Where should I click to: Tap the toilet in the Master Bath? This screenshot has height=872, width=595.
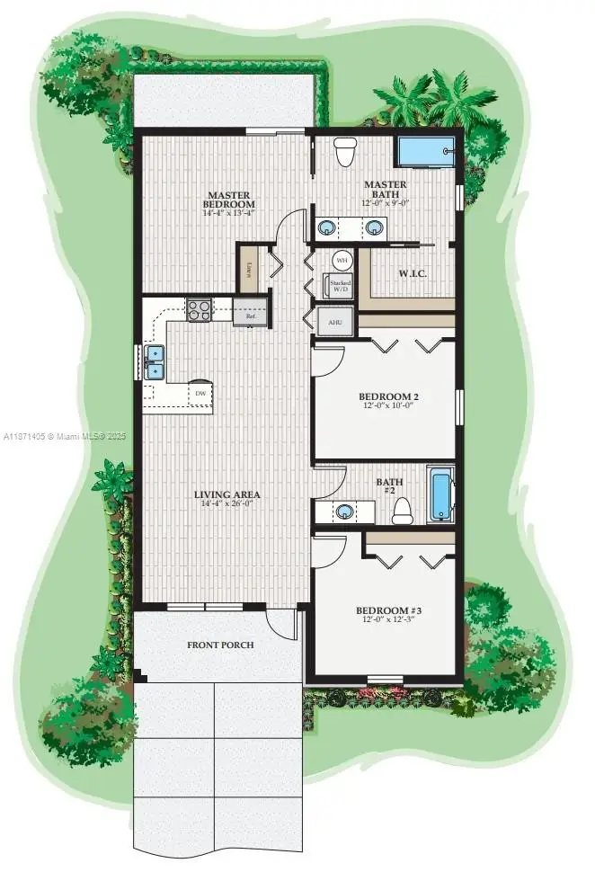coord(343,153)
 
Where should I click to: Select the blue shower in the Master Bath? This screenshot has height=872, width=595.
coord(424,152)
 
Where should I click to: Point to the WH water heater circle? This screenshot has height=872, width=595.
coord(342,261)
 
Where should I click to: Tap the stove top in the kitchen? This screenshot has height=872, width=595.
coord(199,311)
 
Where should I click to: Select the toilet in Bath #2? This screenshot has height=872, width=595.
coord(402,511)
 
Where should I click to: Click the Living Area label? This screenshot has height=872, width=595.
coord(228,494)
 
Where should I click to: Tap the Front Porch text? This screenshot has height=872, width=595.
coord(220,645)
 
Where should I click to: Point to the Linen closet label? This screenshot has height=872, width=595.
coord(248,268)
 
